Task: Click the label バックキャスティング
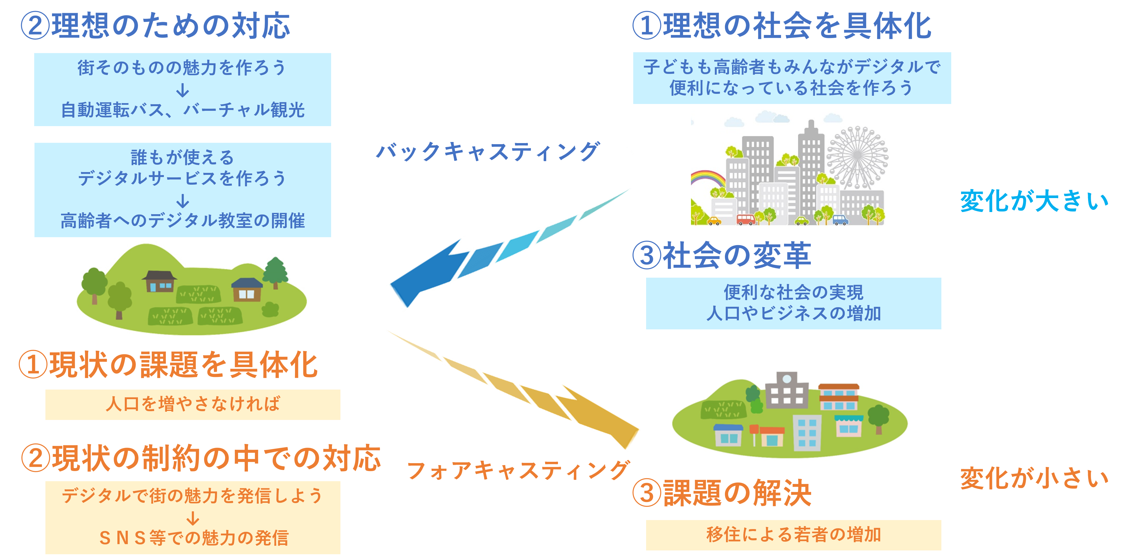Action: pyautogui.click(x=488, y=152)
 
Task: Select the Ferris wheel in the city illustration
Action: pyautogui.click(x=857, y=156)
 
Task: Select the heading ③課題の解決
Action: pyautogui.click(x=721, y=493)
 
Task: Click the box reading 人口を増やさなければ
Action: pyautogui.click(x=193, y=404)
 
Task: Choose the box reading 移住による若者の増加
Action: pyautogui.click(x=793, y=535)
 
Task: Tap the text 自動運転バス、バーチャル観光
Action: pyautogui.click(x=183, y=110)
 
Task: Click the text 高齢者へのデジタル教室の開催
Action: pyautogui.click(x=183, y=221)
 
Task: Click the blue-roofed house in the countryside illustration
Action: pyautogui.click(x=247, y=290)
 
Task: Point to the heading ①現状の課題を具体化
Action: pyautogui.click(x=168, y=365)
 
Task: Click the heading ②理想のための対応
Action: pyautogui.click(x=155, y=25)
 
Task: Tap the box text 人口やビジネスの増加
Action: pyautogui.click(x=793, y=314)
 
